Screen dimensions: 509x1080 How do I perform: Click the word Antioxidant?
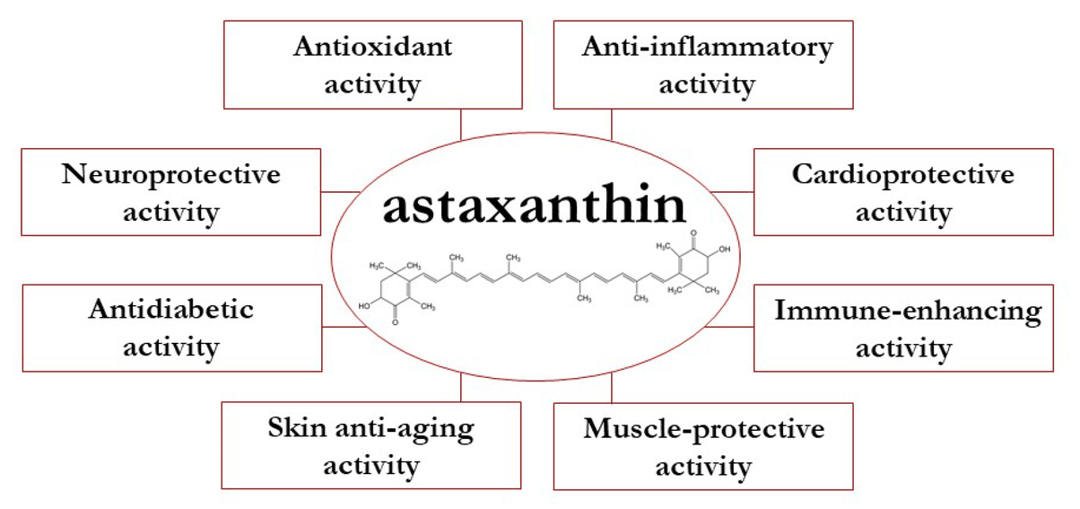pos(372,48)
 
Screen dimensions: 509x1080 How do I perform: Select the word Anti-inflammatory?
pos(707,48)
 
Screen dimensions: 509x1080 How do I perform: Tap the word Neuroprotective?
pos(170,174)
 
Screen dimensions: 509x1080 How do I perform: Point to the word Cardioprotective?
pos(902,174)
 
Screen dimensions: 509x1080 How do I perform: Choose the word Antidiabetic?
pos(170,310)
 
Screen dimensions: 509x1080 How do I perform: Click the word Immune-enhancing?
pos(907,312)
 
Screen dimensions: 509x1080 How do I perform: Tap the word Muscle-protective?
pos(703,428)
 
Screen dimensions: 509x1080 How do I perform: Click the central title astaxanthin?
pos(535,206)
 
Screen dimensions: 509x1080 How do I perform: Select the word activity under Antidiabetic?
pos(170,347)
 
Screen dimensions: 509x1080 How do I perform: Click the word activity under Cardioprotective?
pos(902,214)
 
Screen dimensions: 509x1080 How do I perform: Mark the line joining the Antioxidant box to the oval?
pos(460,124)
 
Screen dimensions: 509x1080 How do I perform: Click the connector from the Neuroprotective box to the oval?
pos(340,190)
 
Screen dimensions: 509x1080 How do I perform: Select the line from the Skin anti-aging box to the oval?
pos(460,387)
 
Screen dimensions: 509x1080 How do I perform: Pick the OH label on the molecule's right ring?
pos(724,249)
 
